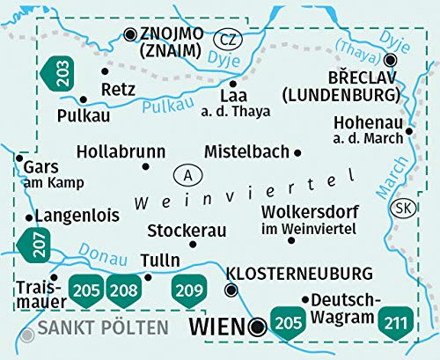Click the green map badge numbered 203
click(60, 72)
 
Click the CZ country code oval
click(228, 39)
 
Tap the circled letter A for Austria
click(187, 173)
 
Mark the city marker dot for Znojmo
click(131, 33)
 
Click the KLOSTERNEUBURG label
click(299, 273)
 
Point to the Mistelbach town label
click(246, 151)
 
